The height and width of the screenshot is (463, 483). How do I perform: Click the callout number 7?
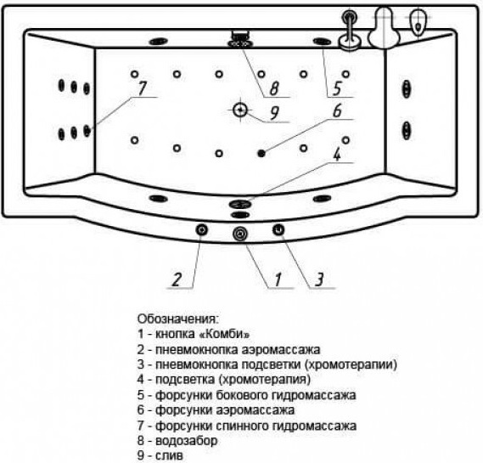(142, 88)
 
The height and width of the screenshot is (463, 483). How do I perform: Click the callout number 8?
(274, 88)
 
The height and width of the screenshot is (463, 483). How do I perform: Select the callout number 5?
(337, 88)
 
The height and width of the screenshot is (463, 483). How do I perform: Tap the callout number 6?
(337, 110)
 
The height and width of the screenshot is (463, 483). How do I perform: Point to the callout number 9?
(274, 112)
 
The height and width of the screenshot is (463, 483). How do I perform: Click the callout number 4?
(337, 154)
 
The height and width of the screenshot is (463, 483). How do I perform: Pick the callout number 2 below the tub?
(177, 279)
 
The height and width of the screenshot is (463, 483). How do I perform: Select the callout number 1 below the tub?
(278, 279)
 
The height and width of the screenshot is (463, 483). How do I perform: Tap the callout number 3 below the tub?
(319, 279)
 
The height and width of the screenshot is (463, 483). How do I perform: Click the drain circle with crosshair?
(240, 110)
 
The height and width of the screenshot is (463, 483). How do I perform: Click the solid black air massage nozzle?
(261, 153)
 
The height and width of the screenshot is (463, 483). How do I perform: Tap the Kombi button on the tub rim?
(240, 234)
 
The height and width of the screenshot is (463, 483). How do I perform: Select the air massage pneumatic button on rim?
(202, 229)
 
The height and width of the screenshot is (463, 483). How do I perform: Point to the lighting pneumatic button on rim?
(278, 229)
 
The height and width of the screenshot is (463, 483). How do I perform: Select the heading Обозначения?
(177, 319)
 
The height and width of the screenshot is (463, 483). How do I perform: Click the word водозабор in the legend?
(187, 441)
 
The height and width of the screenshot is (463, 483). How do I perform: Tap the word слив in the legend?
(169, 455)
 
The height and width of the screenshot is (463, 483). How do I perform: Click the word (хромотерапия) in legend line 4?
(264, 380)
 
